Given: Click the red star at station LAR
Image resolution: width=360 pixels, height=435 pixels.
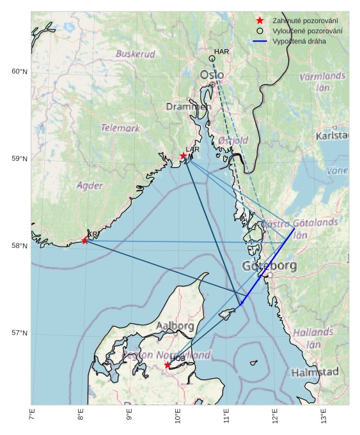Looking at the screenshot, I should coord(184,155).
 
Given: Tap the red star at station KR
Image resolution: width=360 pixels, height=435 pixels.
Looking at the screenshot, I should coord(85,240).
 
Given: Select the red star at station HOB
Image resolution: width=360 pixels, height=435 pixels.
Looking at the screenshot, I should coord(168,365).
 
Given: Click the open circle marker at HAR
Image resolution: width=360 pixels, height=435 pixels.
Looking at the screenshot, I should coord(212,59).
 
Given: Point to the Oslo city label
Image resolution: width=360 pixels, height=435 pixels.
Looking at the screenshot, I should coord(212,75).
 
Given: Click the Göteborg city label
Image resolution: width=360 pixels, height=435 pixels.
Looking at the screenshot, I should coord(269,266).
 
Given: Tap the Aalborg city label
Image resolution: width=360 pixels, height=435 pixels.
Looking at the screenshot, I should coord(175,326).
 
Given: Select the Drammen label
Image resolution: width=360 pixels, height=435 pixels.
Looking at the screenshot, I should coord(188,107).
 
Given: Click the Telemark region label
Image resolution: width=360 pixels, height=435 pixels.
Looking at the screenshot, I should coord(120,128).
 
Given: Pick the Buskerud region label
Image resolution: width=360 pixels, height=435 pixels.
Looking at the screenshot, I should coord(135,54).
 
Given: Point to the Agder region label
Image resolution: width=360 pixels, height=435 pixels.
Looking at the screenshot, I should coord(90,185).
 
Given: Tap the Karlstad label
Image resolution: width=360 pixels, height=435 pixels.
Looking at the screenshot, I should coord(332,136).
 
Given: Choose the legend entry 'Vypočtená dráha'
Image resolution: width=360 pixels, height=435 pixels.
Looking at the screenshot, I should coord(299,41).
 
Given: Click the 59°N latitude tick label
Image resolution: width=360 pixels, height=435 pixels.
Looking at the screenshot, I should coord(19,158).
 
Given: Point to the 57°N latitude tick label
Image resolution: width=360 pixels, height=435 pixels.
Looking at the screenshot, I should coord(19,333).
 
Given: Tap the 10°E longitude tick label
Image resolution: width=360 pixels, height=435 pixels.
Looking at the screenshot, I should coord(178,416).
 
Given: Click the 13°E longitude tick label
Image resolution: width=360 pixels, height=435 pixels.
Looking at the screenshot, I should coord(324,416).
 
